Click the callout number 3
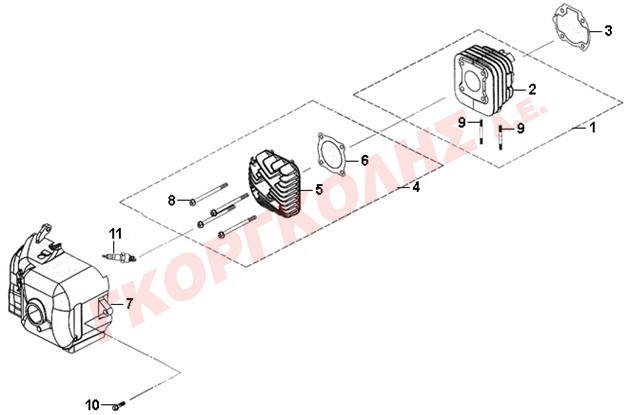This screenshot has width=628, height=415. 608,30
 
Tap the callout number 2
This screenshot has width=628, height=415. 532,89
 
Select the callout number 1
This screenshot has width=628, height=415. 593,128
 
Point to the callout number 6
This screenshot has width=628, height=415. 364,160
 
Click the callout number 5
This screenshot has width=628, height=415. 319,189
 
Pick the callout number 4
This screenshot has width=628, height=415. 417,187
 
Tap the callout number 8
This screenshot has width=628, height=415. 171,200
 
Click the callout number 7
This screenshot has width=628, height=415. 129,304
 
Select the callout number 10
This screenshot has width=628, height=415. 93,405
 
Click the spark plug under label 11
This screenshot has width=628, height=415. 120,257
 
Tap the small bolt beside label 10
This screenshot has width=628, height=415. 119,405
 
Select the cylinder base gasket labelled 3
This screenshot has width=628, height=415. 569,29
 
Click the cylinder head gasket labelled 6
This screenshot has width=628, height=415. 331,154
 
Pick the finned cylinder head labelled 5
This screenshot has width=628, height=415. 275,183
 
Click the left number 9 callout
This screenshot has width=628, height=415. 462,122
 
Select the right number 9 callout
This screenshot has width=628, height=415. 520,128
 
